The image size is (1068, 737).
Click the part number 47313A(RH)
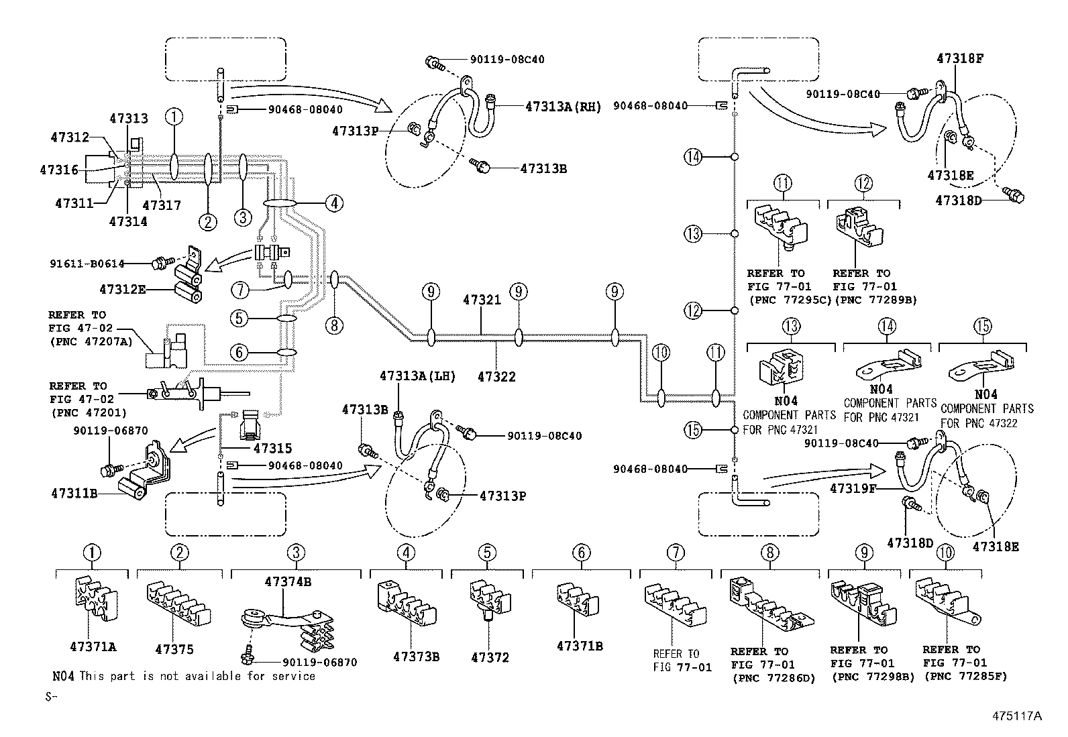pos(563,107)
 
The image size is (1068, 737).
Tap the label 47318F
pos(960,58)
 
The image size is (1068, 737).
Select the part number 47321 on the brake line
pos(482,300)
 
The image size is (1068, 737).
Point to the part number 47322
pos(497,377)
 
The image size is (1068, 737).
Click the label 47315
pos(273,448)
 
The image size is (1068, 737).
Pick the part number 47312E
pos(123,289)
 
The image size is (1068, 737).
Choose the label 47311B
pos(74,494)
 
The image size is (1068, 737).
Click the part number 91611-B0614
pos(87,264)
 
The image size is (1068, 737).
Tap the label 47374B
pos(288,581)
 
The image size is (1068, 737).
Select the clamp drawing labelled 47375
pos(178,603)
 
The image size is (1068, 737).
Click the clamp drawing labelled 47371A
pos(96,599)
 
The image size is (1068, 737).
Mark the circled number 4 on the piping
pos(335,204)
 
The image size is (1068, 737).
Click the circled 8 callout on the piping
pos(334,326)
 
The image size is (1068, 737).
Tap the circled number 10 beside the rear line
pos(661,353)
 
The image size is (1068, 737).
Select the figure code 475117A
pos(1017,716)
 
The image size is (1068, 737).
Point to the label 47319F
pos(853,489)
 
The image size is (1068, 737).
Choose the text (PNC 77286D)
pos(774,678)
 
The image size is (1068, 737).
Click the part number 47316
pos(59,170)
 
